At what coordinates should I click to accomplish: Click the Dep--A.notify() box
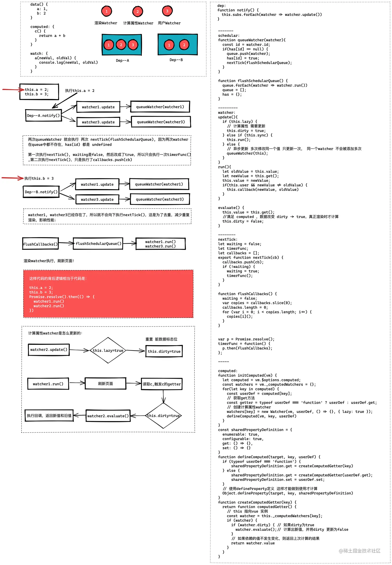pyautogui.click(x=43, y=116)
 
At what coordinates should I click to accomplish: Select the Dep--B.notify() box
pyautogui.click(x=41, y=192)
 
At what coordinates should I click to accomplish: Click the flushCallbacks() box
pyautogui.click(x=40, y=244)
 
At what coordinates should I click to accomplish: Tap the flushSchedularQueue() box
pyautogui.click(x=98, y=244)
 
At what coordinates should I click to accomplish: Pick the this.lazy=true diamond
pyautogui.click(x=108, y=350)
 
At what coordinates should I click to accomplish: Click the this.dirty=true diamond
pyautogui.click(x=163, y=415)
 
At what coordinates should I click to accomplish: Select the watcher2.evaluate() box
pyautogui.click(x=108, y=416)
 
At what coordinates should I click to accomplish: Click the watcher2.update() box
pyautogui.click(x=49, y=350)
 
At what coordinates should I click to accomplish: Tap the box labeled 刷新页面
pyautogui.click(x=106, y=384)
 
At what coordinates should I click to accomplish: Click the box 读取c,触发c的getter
pyautogui.click(x=162, y=384)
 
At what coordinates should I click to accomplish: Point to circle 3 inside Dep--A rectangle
pyautogui.click(x=133, y=45)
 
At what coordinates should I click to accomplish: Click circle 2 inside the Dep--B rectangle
pyautogui.click(x=184, y=45)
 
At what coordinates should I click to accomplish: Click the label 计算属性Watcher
pyautogui.click(x=138, y=23)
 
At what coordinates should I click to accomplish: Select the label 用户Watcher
pyautogui.click(x=169, y=23)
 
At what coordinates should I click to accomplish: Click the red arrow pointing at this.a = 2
pyautogui.click(x=13, y=90)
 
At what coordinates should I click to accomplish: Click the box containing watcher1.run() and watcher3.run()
pyautogui.click(x=160, y=244)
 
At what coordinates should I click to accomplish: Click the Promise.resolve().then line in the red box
pyautogui.click(x=62, y=297)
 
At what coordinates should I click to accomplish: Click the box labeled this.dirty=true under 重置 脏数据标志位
pyautogui.click(x=164, y=351)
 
